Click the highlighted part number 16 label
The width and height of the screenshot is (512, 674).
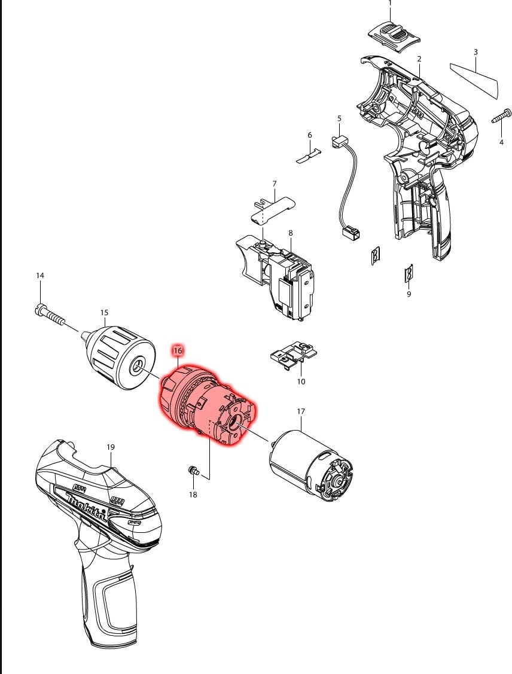178,350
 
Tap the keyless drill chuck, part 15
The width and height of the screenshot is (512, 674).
117,358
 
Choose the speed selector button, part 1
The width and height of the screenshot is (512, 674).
394,38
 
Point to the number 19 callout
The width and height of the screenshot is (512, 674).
111,447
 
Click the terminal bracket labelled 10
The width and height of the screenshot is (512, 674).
294,355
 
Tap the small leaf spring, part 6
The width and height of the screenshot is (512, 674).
309,155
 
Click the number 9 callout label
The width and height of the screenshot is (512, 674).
409,294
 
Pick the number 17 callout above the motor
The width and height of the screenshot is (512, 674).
301,411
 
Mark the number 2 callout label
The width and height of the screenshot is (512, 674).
419,59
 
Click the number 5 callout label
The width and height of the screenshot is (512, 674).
339,118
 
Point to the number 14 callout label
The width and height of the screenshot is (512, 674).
40,275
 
